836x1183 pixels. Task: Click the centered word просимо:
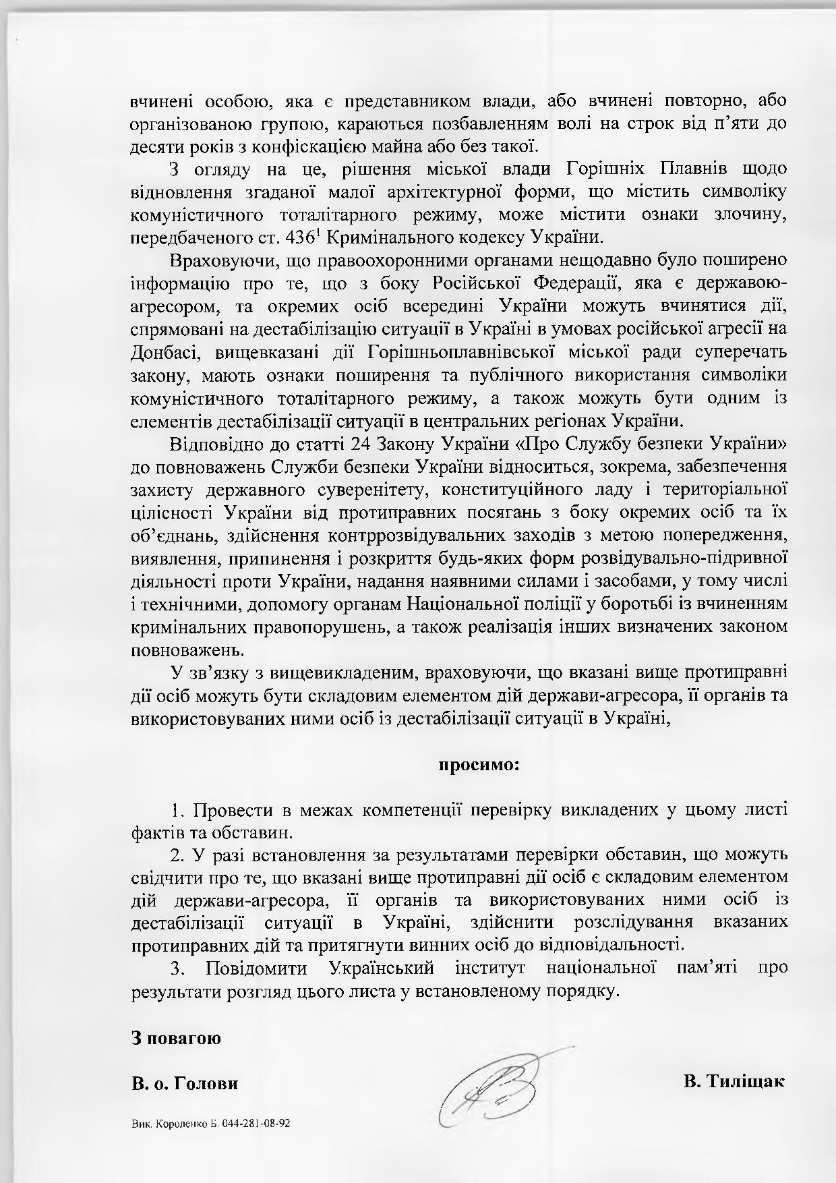point(479,766)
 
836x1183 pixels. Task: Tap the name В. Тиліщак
point(734,1081)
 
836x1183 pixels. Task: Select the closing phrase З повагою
point(176,1037)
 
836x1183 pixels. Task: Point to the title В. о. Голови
point(185,1084)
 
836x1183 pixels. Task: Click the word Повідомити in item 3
point(256,969)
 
